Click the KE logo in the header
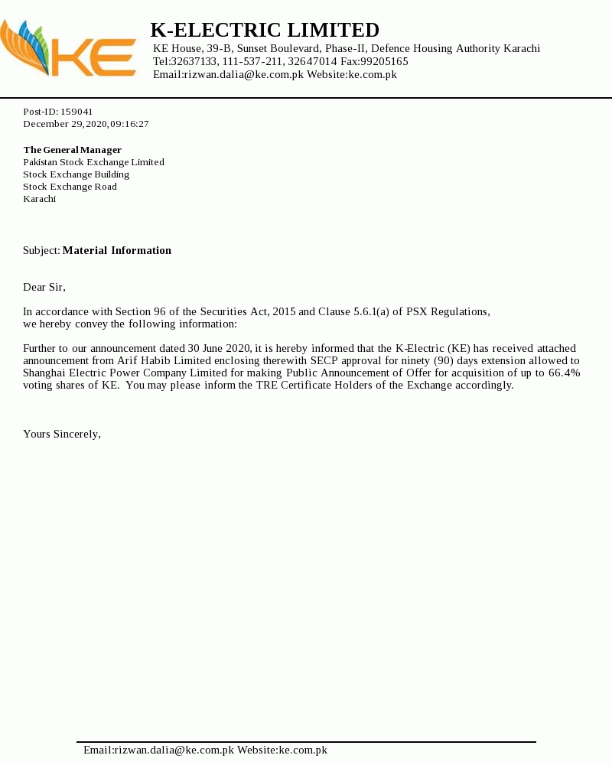[x=69, y=49]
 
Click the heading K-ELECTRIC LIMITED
[x=265, y=30]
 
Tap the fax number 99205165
[x=383, y=61]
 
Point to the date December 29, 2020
[x=65, y=124]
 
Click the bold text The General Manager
[x=73, y=150]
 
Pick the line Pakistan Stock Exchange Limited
[x=93, y=162]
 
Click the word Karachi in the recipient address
[x=40, y=199]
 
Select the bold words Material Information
[x=117, y=250]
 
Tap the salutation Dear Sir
[x=44, y=287]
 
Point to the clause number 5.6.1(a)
[x=371, y=311]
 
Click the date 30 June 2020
[x=220, y=348]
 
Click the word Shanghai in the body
[x=45, y=373]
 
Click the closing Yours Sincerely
[x=62, y=434]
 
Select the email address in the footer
[x=158, y=750]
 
